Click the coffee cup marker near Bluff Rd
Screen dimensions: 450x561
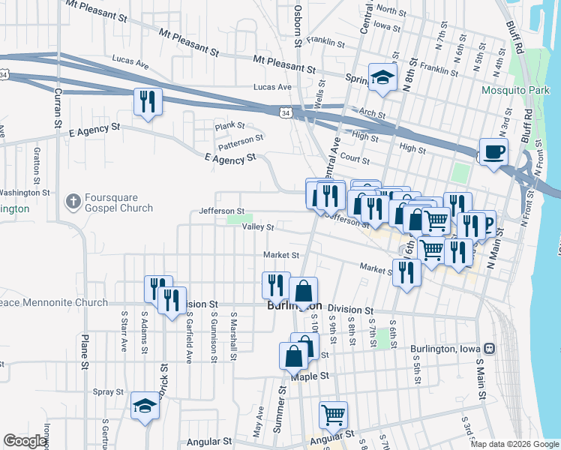point(493,152)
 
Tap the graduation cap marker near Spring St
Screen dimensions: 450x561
point(382,76)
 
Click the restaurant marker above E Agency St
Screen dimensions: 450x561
point(147,101)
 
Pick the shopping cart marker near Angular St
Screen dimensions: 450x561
point(333,414)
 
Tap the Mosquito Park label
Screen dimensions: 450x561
point(515,91)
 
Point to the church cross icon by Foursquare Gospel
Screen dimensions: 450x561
point(73,201)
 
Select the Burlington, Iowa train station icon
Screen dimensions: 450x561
point(490,348)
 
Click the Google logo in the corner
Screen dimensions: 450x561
point(25,441)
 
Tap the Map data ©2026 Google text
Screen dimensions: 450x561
point(515,444)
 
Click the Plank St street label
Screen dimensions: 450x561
point(230,125)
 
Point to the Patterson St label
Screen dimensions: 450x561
point(241,139)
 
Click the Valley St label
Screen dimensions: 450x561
point(257,226)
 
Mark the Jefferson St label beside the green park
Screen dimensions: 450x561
point(221,211)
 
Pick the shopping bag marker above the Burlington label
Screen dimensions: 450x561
point(303,290)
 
